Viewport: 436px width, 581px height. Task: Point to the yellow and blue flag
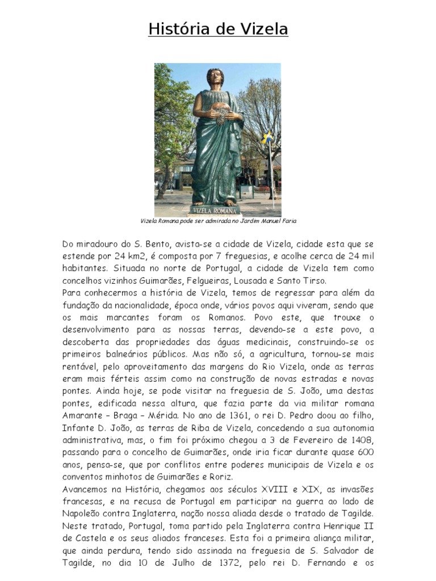tap(267, 137)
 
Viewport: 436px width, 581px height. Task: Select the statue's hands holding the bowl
tap(216, 113)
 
